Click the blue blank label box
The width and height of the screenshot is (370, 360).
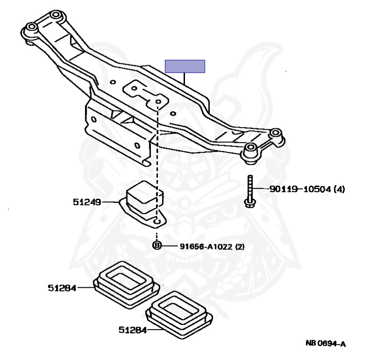[x=185, y=67]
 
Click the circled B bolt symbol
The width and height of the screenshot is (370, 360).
[x=157, y=245]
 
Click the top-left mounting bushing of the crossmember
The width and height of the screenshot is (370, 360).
[x=31, y=28]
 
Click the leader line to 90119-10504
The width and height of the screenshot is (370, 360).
[x=261, y=190]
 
